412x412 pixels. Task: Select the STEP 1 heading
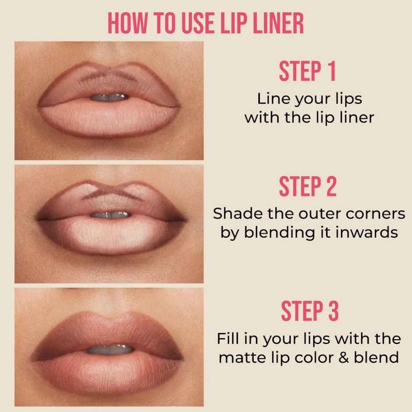[x=307, y=72]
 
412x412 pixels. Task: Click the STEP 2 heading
[x=308, y=187]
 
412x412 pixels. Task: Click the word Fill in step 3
[x=228, y=339]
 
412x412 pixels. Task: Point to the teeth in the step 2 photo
[x=109, y=215]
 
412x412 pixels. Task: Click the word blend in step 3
[x=376, y=357]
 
